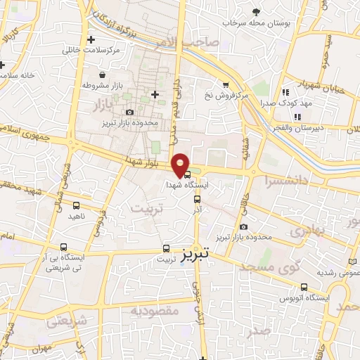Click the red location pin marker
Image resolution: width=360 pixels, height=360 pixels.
coord(181,165)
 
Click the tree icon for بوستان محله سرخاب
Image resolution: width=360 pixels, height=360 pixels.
coord(256,12)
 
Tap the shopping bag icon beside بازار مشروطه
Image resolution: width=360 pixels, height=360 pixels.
coord(103,74)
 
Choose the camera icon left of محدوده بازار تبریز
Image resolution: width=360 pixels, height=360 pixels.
coord(129,112)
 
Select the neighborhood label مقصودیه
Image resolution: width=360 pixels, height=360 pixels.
coord(154,309)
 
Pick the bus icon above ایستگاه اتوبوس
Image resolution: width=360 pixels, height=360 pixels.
coord(304,287)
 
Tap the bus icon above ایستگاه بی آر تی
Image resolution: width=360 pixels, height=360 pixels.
coord(65,247)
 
